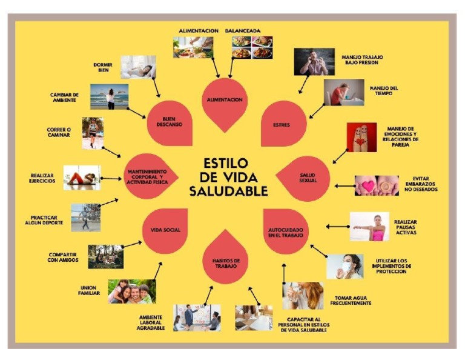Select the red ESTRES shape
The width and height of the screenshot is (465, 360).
click(x=283, y=124)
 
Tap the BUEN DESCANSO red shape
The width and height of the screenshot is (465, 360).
click(x=170, y=121)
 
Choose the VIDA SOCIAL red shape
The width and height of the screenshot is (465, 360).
click(x=165, y=230)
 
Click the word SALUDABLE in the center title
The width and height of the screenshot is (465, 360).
click(x=228, y=192)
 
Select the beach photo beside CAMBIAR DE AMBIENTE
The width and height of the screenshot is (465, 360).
click(x=109, y=96)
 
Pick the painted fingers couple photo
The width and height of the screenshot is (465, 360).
click(x=361, y=137)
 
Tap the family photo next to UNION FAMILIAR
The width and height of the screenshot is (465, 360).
click(x=131, y=291)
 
